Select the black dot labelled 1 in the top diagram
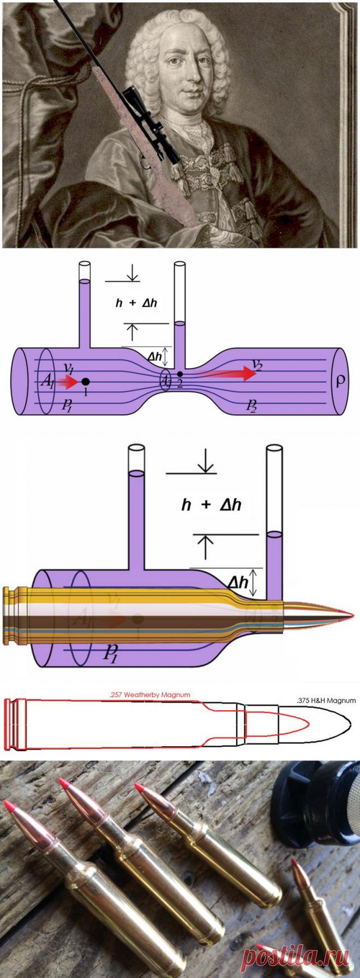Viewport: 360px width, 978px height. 86,381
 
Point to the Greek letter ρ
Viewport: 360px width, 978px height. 341,380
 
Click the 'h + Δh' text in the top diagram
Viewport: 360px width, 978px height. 136,303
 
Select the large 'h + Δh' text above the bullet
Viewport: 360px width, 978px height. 211,505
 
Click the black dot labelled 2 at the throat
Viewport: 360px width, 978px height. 179,374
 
